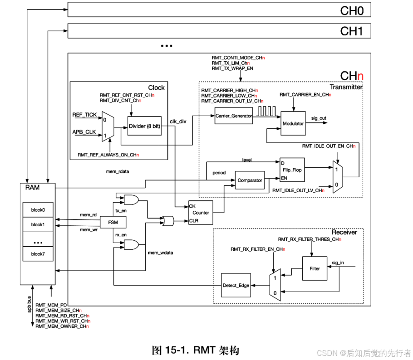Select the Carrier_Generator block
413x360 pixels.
234,116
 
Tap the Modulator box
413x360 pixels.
293,123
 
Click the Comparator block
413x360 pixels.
250,180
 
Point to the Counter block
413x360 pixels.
200,213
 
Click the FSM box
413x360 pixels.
113,222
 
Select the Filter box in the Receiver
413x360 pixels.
315,268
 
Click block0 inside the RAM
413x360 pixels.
39,210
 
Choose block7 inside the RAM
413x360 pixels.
39,254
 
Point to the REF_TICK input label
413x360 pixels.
84,115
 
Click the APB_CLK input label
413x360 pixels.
84,132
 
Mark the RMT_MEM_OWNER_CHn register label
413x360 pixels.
62,326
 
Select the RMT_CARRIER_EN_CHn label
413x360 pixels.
305,95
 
